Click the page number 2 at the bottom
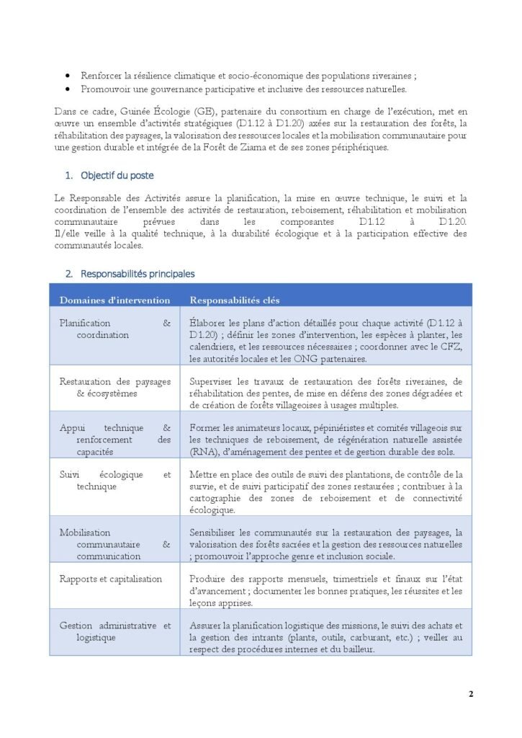pyautogui.click(x=471, y=694)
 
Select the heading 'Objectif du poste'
pyautogui.click(x=117, y=175)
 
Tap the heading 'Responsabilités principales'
pyautogui.click(x=138, y=274)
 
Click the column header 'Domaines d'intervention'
pyautogui.click(x=114, y=300)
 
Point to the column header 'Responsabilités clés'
pyautogui.click(x=235, y=300)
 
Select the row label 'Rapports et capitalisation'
pyautogui.click(x=111, y=579)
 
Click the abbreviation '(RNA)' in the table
pyautogui.click(x=204, y=451)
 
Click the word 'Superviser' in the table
pyautogui.click(x=215, y=381)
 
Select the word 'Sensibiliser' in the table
pyautogui.click(x=217, y=532)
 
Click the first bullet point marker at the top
pyautogui.click(x=68, y=75)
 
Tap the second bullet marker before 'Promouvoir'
pyautogui.click(x=68, y=89)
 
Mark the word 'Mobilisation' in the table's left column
pyautogui.click(x=85, y=532)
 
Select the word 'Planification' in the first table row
pyautogui.click(x=85, y=323)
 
